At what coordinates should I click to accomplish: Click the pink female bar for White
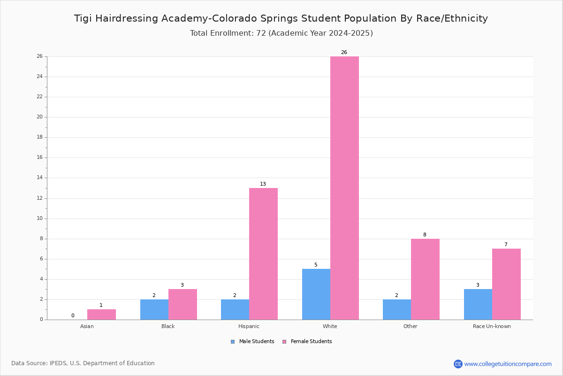tap(344, 188)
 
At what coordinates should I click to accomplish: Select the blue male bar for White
tap(316, 294)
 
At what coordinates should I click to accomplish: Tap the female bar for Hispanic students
tap(263, 254)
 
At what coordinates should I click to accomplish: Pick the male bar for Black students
tap(154, 309)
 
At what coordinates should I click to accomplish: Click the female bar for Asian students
tap(101, 314)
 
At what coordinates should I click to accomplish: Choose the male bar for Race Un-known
tap(478, 305)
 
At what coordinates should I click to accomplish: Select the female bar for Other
tap(425, 279)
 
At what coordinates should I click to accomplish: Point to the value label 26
tap(344, 53)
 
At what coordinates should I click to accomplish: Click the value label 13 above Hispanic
tap(263, 184)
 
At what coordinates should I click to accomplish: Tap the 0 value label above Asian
tap(73, 316)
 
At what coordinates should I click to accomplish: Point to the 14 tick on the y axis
tap(39, 178)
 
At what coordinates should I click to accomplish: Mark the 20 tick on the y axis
tap(39, 117)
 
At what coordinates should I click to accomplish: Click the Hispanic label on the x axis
tap(249, 326)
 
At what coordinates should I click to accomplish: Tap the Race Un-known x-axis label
tap(492, 326)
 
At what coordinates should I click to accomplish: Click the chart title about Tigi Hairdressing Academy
tap(281, 18)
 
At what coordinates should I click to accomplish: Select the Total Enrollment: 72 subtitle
tap(281, 33)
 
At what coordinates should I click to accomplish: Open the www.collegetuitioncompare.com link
tap(508, 364)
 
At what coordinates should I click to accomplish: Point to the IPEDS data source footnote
tap(83, 363)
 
